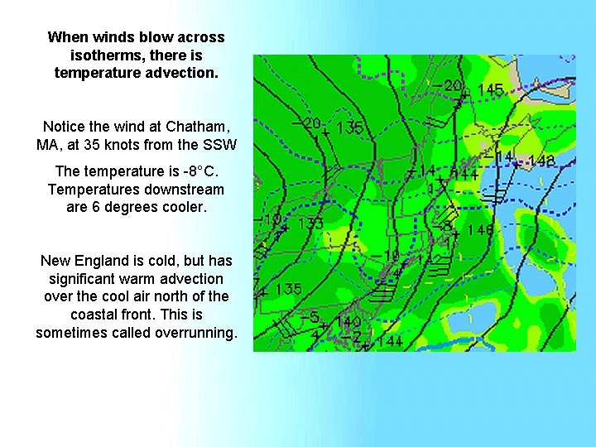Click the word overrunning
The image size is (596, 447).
[x=195, y=333]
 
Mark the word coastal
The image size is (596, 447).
[x=94, y=315]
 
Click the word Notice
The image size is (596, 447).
[x=64, y=127]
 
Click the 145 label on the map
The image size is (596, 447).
[x=490, y=89]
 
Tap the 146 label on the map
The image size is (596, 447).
[x=481, y=229]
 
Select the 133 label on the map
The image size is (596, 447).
[x=310, y=223]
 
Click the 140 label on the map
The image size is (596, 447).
[x=348, y=321]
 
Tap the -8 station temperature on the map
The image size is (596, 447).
[x=446, y=223]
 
